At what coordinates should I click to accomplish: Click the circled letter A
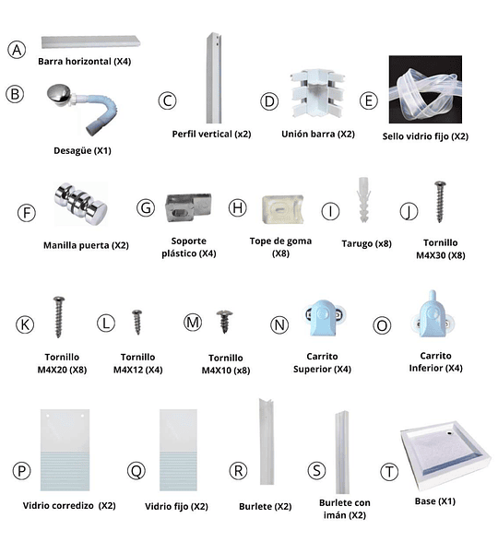pos(17,50)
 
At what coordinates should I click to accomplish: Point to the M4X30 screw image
pos(440,201)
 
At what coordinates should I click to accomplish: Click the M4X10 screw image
pos(224,322)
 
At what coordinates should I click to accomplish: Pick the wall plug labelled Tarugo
pos(364,200)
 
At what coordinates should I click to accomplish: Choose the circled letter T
pos(389,472)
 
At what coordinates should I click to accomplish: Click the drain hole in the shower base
pos(450,432)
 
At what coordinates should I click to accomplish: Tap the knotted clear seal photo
pos(425,89)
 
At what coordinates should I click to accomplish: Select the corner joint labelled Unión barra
pos(317,93)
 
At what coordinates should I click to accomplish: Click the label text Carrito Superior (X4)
pos(322,362)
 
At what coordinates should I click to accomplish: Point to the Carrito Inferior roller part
pos(433,314)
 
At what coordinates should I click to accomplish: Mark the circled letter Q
pos(136,470)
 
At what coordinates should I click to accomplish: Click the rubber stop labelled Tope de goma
pos(283,209)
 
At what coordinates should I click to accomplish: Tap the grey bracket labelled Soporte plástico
pos(188,207)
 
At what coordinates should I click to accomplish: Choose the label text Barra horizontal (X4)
pos(84,62)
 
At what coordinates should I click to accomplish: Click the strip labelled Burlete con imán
pos(341,453)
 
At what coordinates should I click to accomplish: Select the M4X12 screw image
pos(136,322)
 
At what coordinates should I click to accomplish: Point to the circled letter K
pos(25,324)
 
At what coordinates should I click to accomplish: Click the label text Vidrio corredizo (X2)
pos(69,506)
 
